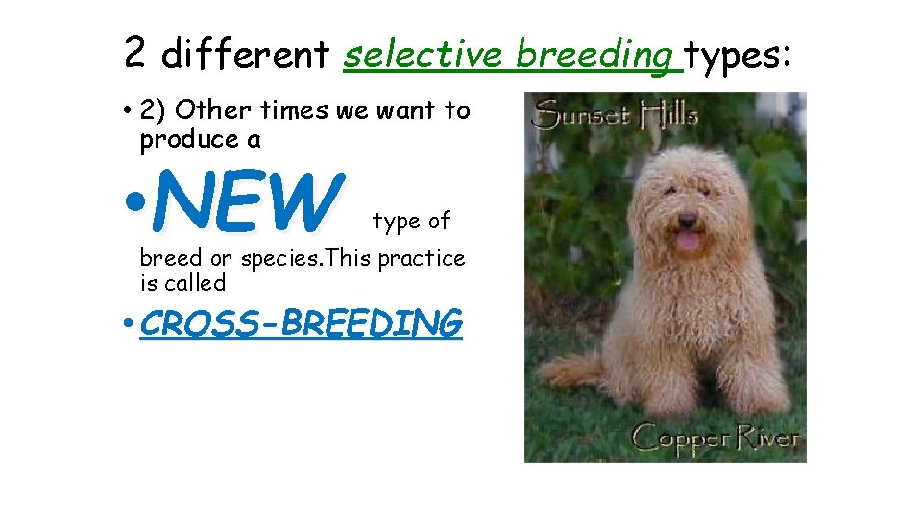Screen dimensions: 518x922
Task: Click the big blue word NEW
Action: tap(248, 202)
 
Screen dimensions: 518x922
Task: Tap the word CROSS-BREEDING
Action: tap(301, 324)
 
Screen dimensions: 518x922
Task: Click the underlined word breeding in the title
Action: tap(594, 55)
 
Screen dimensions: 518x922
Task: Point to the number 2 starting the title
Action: tap(135, 54)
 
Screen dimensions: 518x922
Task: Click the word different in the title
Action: tap(245, 55)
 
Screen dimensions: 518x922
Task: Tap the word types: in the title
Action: tap(737, 55)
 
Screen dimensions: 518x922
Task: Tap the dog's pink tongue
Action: tap(688, 240)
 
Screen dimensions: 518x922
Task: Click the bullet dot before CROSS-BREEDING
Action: tap(129, 324)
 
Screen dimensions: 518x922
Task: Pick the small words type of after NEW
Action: tap(411, 222)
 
